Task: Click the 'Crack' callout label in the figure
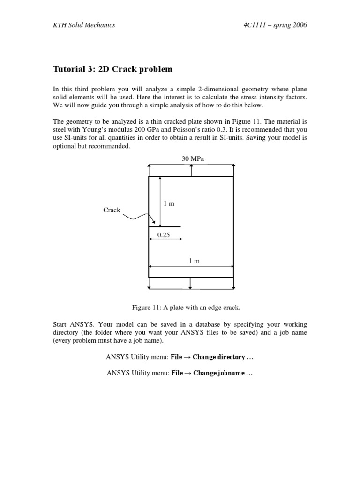112,210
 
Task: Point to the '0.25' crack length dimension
164,235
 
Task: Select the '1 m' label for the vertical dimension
168,203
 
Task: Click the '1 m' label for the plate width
194,261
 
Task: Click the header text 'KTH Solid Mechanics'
83,25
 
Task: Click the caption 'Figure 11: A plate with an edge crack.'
186,307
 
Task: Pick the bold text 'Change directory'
219,357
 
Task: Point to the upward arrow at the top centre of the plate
191,170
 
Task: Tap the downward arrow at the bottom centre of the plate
190,283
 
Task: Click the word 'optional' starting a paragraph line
64,146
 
